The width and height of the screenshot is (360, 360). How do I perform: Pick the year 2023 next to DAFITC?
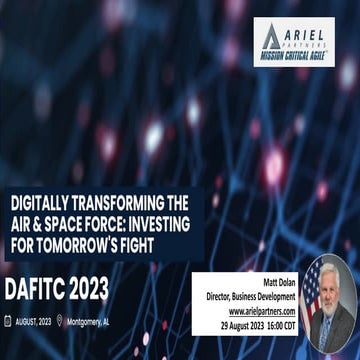pos(91,289)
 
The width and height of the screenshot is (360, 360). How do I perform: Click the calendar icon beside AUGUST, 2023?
pos(7,321)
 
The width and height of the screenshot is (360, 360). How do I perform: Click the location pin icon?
pos(60,321)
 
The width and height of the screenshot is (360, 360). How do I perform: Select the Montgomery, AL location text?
pos(91,321)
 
